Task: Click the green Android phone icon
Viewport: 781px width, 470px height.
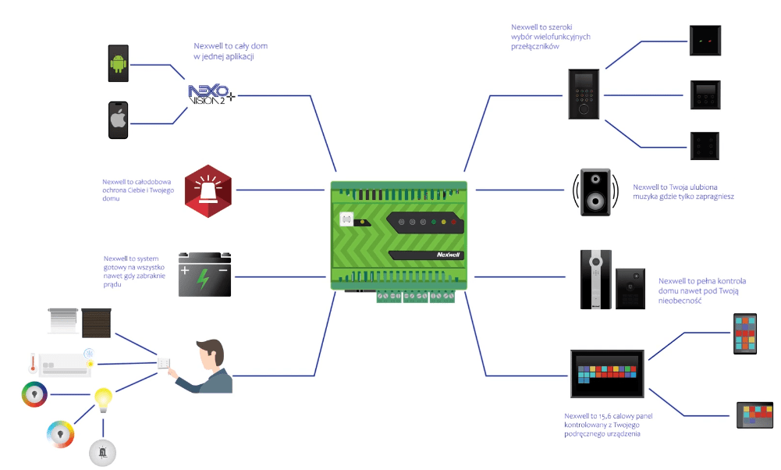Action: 119,63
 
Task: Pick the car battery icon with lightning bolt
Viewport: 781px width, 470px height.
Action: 204,275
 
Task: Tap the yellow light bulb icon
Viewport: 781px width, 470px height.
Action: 103,399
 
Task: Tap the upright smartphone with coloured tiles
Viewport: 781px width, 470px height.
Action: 745,335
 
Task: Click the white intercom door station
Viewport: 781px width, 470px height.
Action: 595,280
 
